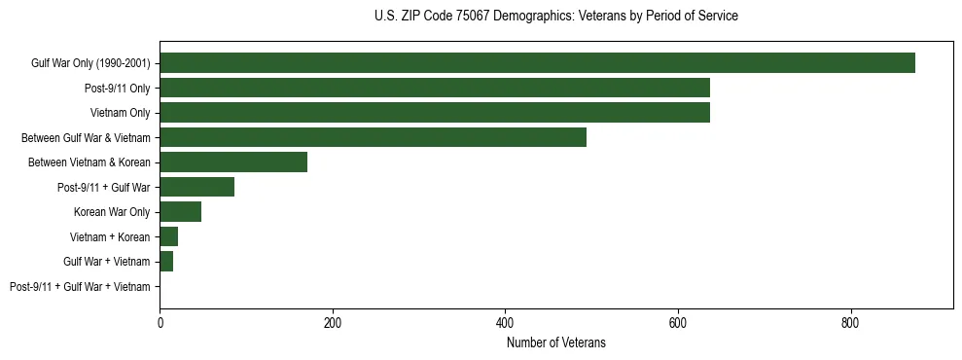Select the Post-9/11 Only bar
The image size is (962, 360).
[x=435, y=88]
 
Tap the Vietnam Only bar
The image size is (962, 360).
[x=435, y=113]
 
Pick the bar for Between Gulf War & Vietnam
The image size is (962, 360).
[x=373, y=137]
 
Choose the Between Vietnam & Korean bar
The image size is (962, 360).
[x=233, y=162]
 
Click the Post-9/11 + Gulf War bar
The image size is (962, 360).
[x=196, y=187]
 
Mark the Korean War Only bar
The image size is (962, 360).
[x=180, y=212]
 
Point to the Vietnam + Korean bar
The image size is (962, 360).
[x=168, y=236]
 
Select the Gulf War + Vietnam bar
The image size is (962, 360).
[x=166, y=262]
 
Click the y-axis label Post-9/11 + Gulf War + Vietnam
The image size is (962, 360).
[x=80, y=287]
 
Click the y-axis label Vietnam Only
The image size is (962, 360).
[x=121, y=113]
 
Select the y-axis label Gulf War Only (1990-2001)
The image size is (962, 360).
[x=90, y=63]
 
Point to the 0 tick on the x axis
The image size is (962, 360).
[x=160, y=323]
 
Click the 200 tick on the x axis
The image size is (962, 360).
[x=333, y=323]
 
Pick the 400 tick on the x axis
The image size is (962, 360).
[x=505, y=323]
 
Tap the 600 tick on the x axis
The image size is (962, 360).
[x=678, y=323]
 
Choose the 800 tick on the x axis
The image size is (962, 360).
[x=850, y=323]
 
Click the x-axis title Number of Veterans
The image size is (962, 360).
[x=555, y=342]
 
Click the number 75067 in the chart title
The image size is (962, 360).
[x=477, y=17]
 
